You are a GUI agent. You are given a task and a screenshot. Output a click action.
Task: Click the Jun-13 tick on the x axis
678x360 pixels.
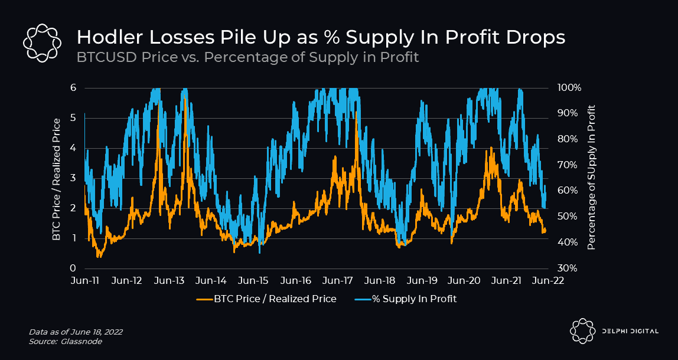(x=168, y=280)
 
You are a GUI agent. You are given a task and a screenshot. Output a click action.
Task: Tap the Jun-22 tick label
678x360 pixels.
(x=547, y=280)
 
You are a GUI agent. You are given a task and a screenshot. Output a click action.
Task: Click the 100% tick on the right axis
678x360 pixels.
(x=569, y=88)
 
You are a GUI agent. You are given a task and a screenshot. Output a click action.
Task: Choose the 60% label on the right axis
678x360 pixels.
(x=568, y=191)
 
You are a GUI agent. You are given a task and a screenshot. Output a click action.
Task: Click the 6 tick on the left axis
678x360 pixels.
(x=74, y=88)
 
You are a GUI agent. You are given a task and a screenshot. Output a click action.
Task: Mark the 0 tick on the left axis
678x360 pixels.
(x=74, y=269)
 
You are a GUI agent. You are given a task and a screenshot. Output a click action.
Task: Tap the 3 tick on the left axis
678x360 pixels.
(x=74, y=178)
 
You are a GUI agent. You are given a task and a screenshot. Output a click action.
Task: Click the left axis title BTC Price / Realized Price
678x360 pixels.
(x=57, y=179)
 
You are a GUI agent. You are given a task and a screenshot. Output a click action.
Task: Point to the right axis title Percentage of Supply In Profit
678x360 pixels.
(x=591, y=177)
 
